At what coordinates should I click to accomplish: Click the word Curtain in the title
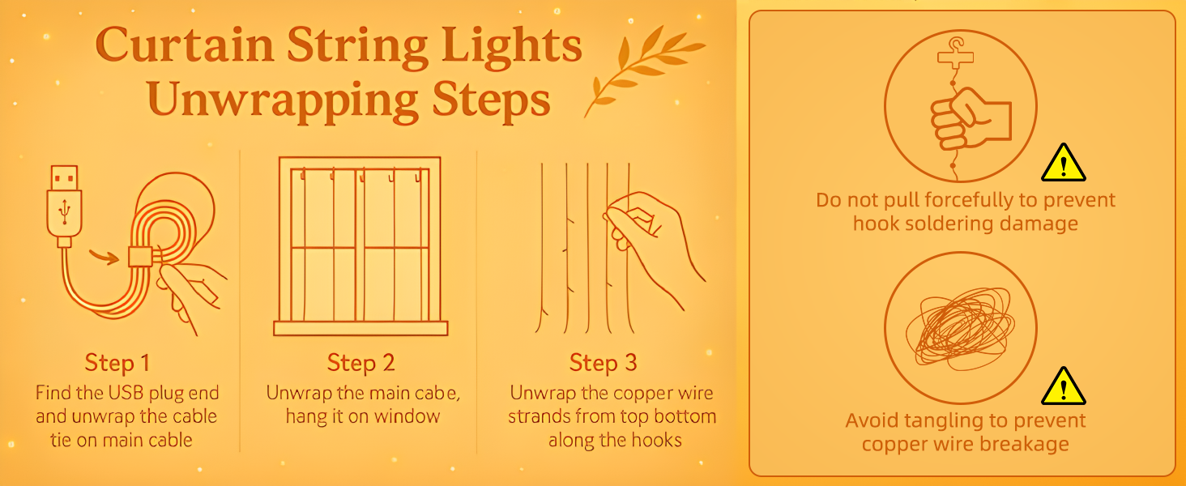click(x=184, y=45)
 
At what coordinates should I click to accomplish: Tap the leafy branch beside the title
click(x=643, y=69)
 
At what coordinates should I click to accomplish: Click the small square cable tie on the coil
click(x=140, y=257)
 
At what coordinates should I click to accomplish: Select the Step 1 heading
click(x=117, y=363)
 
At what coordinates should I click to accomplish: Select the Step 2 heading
click(x=361, y=363)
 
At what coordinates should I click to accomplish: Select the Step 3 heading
click(x=603, y=363)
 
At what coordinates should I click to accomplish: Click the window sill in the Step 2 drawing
click(x=360, y=328)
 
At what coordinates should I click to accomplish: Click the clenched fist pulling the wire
click(x=970, y=120)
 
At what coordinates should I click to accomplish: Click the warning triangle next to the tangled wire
click(x=1063, y=386)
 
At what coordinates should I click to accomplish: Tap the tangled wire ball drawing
click(x=959, y=328)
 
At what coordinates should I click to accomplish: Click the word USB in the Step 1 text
click(x=126, y=393)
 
